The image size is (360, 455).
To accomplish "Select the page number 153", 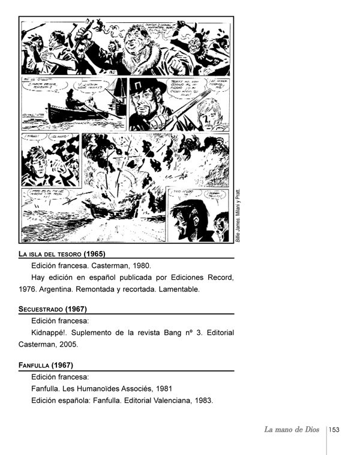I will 334,430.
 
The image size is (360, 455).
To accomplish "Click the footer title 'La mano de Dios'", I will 292,429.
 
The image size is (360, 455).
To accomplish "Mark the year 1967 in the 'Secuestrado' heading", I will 76,309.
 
